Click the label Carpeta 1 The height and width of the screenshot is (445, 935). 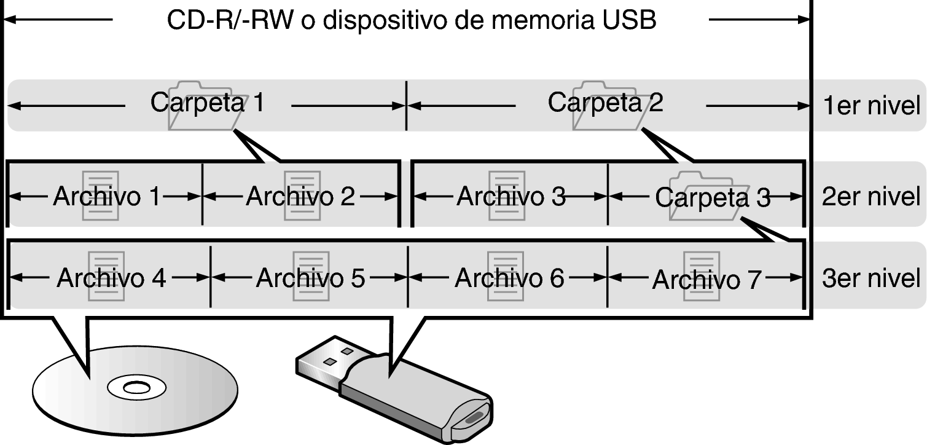pos(208,103)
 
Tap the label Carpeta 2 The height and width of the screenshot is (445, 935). pos(605,103)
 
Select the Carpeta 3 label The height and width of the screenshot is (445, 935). pos(713,197)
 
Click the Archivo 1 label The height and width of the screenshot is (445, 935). pos(107,196)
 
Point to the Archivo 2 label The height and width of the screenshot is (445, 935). pos(300,196)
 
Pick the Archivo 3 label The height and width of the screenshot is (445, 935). pos(511,196)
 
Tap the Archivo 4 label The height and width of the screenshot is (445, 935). pos(111,278)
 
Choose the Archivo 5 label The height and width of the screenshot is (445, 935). pos(311,278)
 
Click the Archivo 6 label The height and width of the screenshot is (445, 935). pos(510,278)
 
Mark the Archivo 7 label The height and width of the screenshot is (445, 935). pos(707,280)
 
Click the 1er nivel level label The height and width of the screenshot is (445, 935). pos(872,106)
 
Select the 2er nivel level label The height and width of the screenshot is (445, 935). pos(871,197)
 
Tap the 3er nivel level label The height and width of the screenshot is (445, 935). pos(871,278)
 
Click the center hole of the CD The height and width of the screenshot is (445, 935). pos(135,388)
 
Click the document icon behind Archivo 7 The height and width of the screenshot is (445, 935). pos(702,276)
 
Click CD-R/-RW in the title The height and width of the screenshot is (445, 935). pos(230,20)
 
